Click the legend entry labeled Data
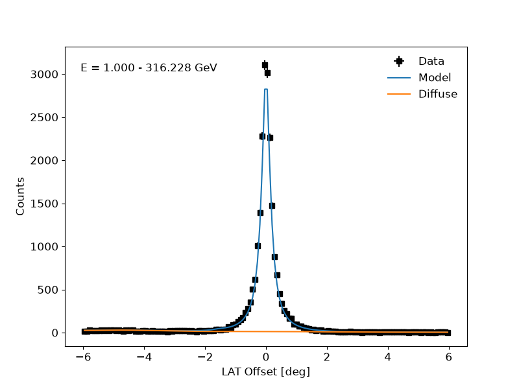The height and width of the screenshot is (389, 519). point(431,61)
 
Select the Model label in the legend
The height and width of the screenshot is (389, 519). point(435,78)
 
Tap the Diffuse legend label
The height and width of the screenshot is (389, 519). point(437,94)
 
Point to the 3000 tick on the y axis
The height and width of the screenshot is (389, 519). point(44,75)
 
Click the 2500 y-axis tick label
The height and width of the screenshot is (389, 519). point(44,117)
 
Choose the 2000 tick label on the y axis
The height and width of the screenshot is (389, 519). point(44,160)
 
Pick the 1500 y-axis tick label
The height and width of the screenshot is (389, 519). point(44,204)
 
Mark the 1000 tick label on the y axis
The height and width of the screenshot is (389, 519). point(44,247)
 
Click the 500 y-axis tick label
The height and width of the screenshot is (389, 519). point(47,290)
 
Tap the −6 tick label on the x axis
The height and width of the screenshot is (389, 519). point(84,357)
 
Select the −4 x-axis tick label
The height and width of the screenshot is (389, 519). point(144,357)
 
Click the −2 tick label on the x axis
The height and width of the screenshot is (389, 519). point(205,357)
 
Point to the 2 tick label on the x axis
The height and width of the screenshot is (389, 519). point(327,357)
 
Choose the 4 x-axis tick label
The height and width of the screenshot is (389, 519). point(388,357)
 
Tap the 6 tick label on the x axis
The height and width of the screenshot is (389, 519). point(449,357)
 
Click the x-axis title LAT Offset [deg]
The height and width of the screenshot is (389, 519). point(266,371)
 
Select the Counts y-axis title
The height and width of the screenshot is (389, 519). point(20,196)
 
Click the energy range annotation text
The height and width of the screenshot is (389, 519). point(149,68)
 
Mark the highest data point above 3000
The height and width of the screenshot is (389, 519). point(265,65)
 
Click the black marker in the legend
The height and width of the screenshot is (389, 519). point(399,61)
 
